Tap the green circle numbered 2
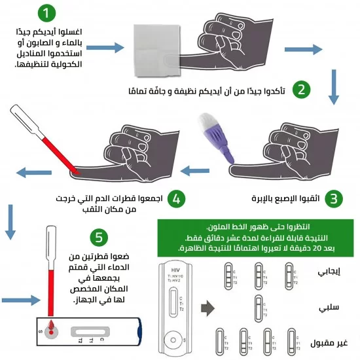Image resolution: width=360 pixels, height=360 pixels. [302, 90]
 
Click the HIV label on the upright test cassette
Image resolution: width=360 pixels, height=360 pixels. [175, 270]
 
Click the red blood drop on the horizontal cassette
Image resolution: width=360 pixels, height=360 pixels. [49, 325]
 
